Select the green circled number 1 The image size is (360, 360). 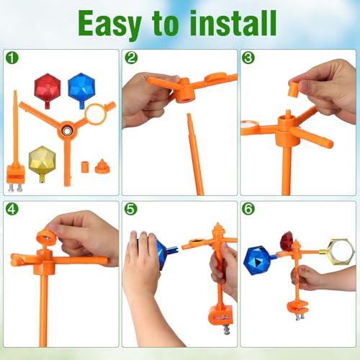click(12, 58)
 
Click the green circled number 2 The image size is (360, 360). click(131, 58)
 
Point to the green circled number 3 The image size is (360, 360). click(248, 58)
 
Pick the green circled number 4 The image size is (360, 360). click(12, 209)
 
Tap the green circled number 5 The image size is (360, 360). click(131, 209)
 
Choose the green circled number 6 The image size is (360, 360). click(248, 209)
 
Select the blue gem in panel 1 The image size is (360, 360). click(81, 89)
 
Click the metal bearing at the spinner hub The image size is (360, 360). click(66, 130)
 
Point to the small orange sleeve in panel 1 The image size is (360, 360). click(85, 167)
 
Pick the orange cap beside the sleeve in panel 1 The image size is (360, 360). click(102, 166)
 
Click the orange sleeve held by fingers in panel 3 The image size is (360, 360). click(294, 89)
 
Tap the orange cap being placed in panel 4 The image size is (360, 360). click(46, 237)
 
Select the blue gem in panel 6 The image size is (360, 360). click(257, 261)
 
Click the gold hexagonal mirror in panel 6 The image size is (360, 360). click(341, 252)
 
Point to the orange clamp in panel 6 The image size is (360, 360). click(297, 308)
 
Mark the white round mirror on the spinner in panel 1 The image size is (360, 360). click(96, 114)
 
